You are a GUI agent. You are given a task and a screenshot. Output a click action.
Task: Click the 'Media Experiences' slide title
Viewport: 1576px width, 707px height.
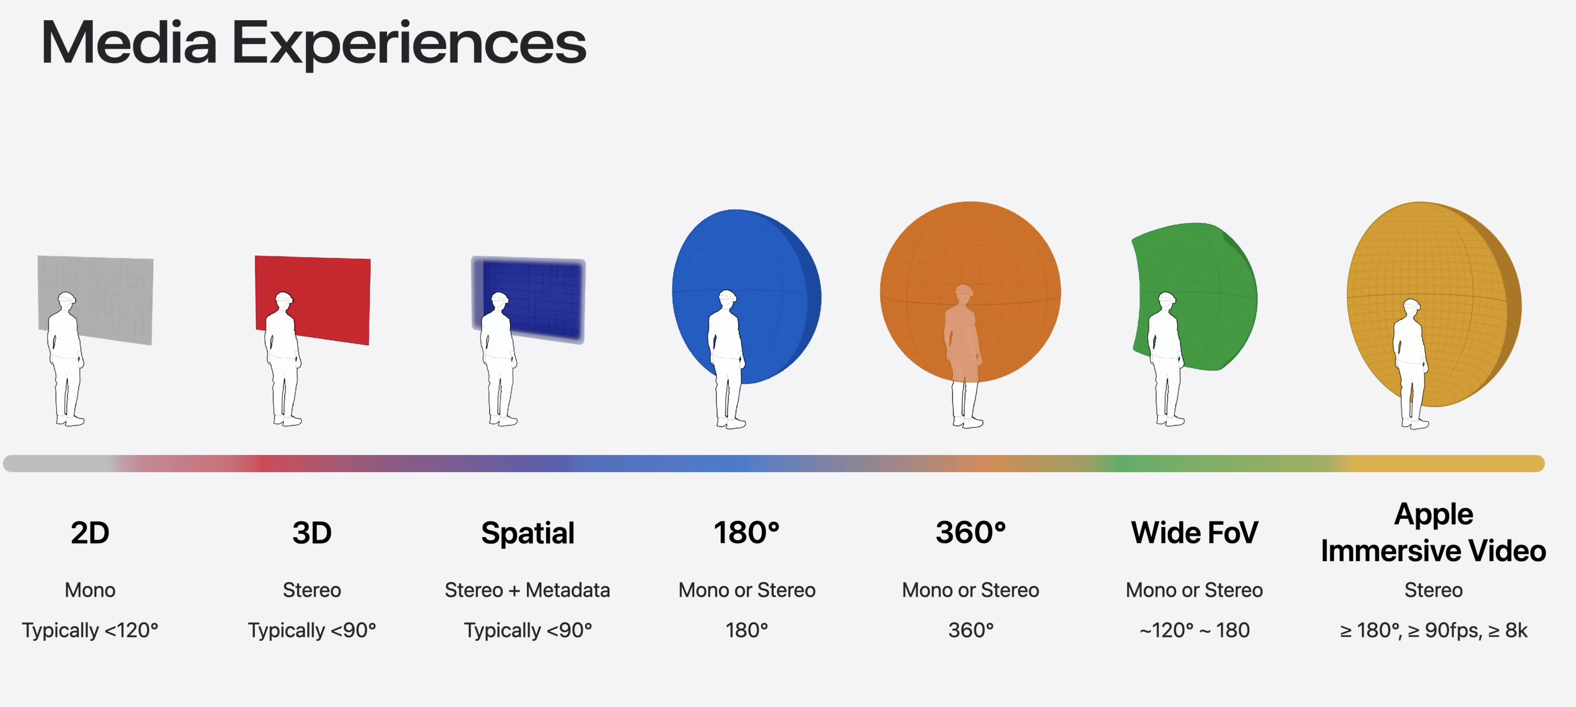tap(313, 43)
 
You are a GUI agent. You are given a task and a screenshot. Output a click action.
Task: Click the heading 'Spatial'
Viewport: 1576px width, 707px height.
tap(527, 533)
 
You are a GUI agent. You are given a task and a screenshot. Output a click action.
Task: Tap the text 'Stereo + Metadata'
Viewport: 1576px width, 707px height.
tap(527, 590)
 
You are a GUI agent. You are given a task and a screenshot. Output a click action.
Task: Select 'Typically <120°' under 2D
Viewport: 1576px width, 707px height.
tap(90, 630)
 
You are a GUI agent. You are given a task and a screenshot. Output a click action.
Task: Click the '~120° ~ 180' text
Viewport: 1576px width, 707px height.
tap(1194, 630)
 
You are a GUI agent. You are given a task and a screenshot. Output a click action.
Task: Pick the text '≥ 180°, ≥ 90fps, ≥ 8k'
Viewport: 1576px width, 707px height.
tap(1433, 630)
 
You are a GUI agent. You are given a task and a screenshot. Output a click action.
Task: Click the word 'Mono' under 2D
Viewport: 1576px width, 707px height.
tap(90, 590)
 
